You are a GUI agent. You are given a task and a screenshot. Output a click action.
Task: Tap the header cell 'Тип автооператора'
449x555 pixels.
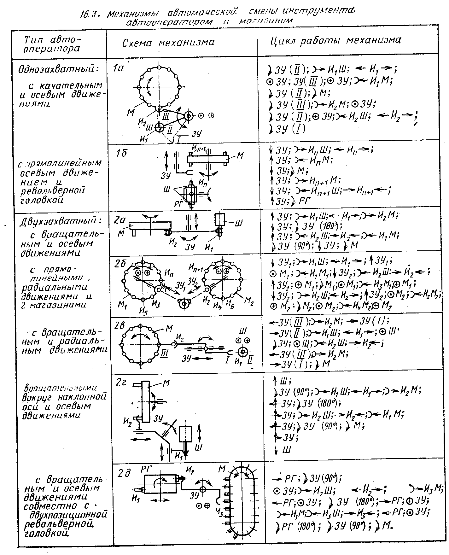52,44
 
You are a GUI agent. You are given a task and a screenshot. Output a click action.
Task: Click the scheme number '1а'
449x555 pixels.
119,68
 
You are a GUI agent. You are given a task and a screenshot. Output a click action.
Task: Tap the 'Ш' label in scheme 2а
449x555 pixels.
239,223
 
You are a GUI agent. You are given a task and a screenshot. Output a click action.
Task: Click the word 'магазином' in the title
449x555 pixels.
266,21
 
